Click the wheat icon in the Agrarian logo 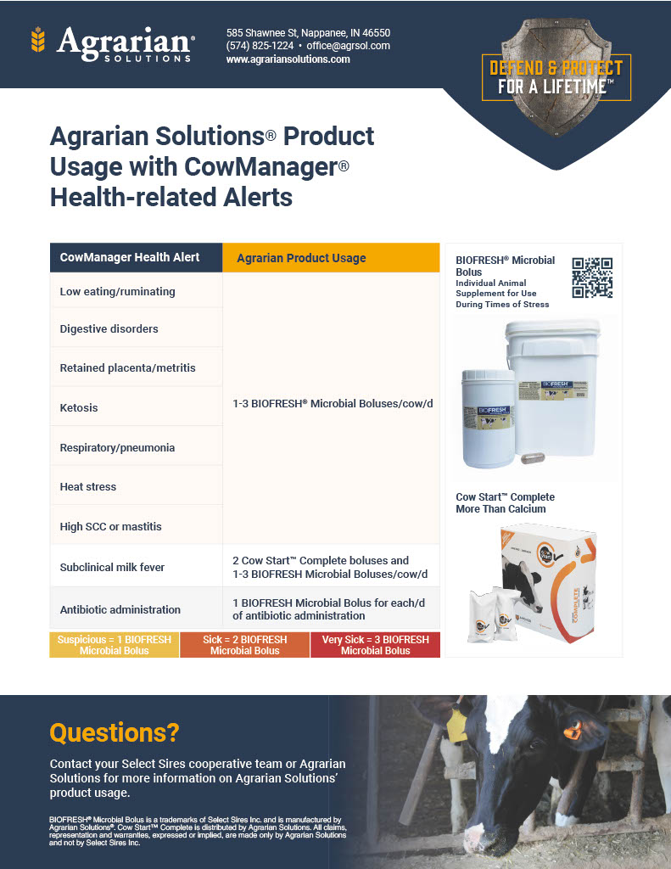(37, 39)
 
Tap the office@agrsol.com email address (348, 46)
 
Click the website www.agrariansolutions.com (288, 59)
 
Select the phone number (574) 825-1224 (260, 46)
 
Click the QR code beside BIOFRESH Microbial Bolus (592, 278)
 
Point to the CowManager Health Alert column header (130, 257)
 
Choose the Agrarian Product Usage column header (301, 258)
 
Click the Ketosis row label (79, 408)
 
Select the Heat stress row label (88, 486)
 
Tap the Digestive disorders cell (109, 328)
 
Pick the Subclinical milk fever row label (112, 567)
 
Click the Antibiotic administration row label (120, 609)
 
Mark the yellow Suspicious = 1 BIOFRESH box (115, 645)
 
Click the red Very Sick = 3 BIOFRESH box (375, 645)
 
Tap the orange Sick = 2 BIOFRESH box (244, 645)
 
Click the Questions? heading (115, 732)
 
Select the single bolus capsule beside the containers (534, 457)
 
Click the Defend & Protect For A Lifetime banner (556, 77)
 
